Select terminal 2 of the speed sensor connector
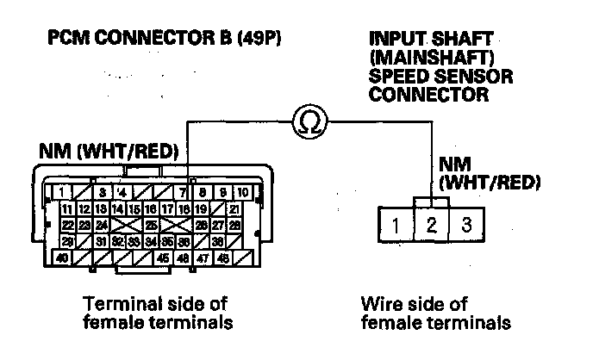(432, 227)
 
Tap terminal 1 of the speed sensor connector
(393, 227)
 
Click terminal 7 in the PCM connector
(184, 191)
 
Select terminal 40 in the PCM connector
(62, 257)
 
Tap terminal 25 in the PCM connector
(151, 224)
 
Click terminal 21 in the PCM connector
(234, 208)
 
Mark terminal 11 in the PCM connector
(67, 208)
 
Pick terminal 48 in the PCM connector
(222, 257)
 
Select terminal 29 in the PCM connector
(67, 240)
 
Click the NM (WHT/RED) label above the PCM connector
(109, 152)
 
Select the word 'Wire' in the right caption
(376, 304)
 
